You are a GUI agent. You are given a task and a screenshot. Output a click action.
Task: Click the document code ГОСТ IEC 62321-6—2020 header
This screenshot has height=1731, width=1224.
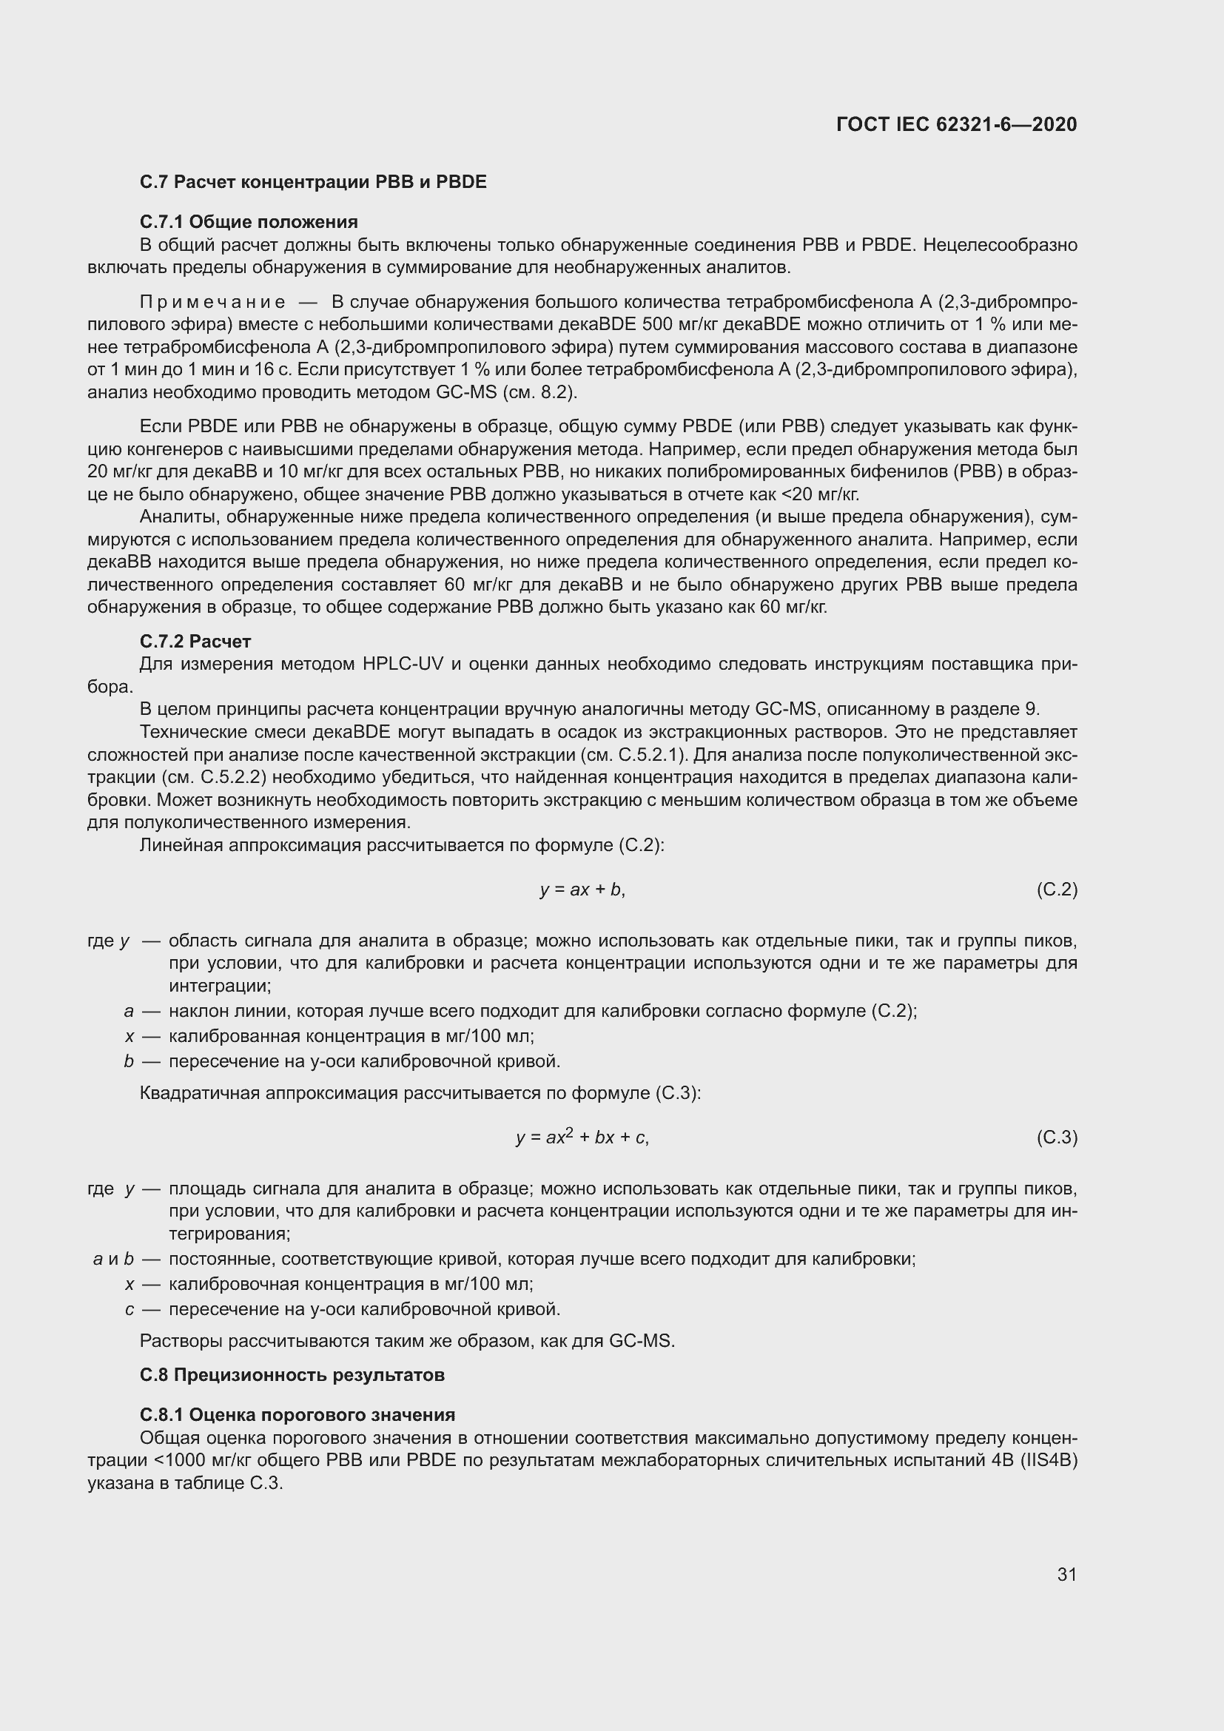(955, 124)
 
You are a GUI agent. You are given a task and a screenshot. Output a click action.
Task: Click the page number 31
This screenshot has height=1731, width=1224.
(1066, 1574)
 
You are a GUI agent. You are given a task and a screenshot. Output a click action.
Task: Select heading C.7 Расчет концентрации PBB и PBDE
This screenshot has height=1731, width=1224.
(313, 182)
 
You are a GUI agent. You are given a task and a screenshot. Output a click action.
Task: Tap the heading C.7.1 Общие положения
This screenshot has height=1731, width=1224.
(249, 222)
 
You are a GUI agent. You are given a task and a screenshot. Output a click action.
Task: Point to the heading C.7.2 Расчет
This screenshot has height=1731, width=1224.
(195, 642)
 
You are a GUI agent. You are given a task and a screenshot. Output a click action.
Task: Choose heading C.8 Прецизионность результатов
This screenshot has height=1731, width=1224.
(292, 1374)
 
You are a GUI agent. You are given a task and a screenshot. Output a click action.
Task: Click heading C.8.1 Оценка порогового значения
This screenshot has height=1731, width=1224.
(297, 1414)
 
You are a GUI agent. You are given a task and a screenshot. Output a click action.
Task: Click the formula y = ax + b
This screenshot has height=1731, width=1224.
(582, 890)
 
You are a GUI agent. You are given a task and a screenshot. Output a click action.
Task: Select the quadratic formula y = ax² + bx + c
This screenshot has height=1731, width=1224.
(582, 1137)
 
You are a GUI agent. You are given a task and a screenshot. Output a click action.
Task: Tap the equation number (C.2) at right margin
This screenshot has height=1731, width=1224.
(1057, 890)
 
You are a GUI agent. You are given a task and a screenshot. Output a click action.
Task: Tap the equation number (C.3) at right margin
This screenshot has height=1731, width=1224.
(1057, 1137)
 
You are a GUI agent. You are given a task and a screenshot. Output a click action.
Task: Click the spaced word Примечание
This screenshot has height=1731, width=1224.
(212, 303)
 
